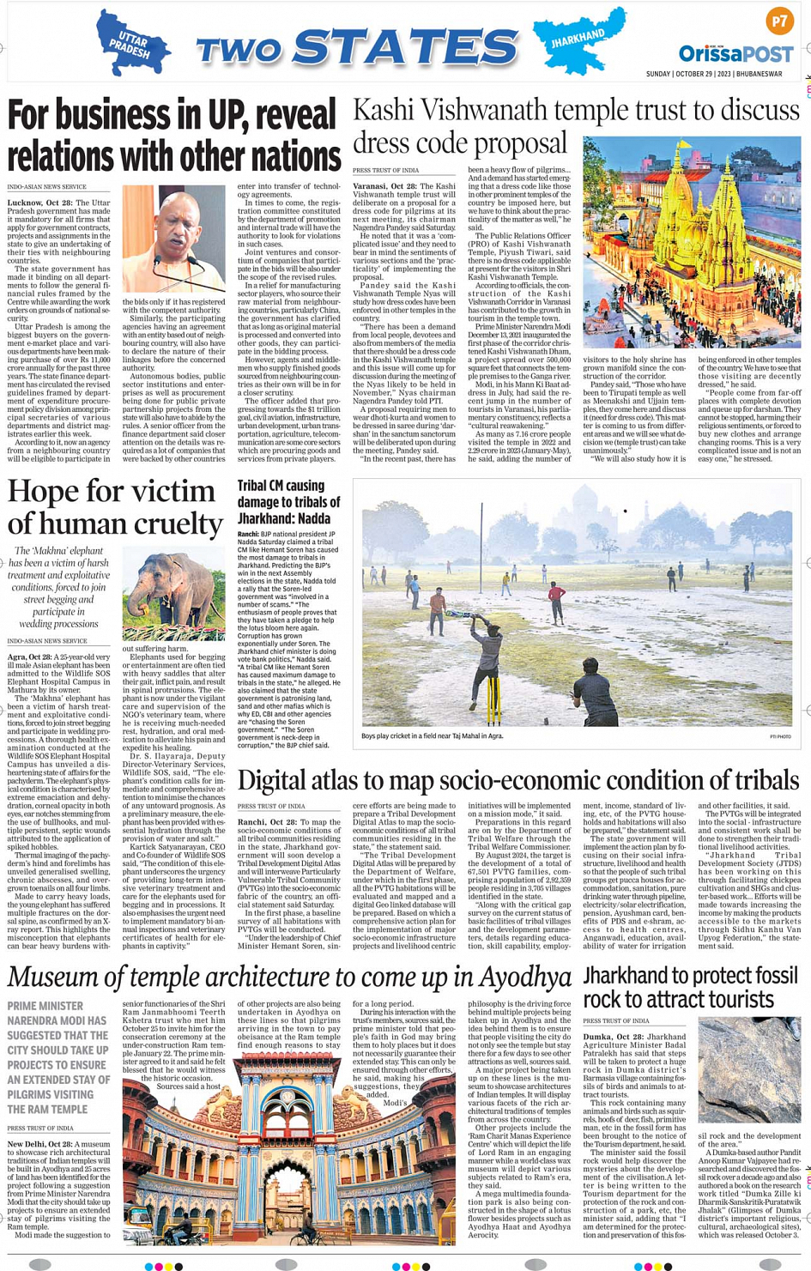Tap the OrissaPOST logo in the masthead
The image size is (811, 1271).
736,55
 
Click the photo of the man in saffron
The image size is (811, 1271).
174,239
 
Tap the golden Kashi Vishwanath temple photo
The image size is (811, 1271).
691,243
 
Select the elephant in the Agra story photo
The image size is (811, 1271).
174,594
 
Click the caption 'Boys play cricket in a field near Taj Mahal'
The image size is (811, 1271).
432,735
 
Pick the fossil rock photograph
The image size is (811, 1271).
749,1069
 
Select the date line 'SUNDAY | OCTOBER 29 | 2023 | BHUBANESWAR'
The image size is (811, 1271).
714,75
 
